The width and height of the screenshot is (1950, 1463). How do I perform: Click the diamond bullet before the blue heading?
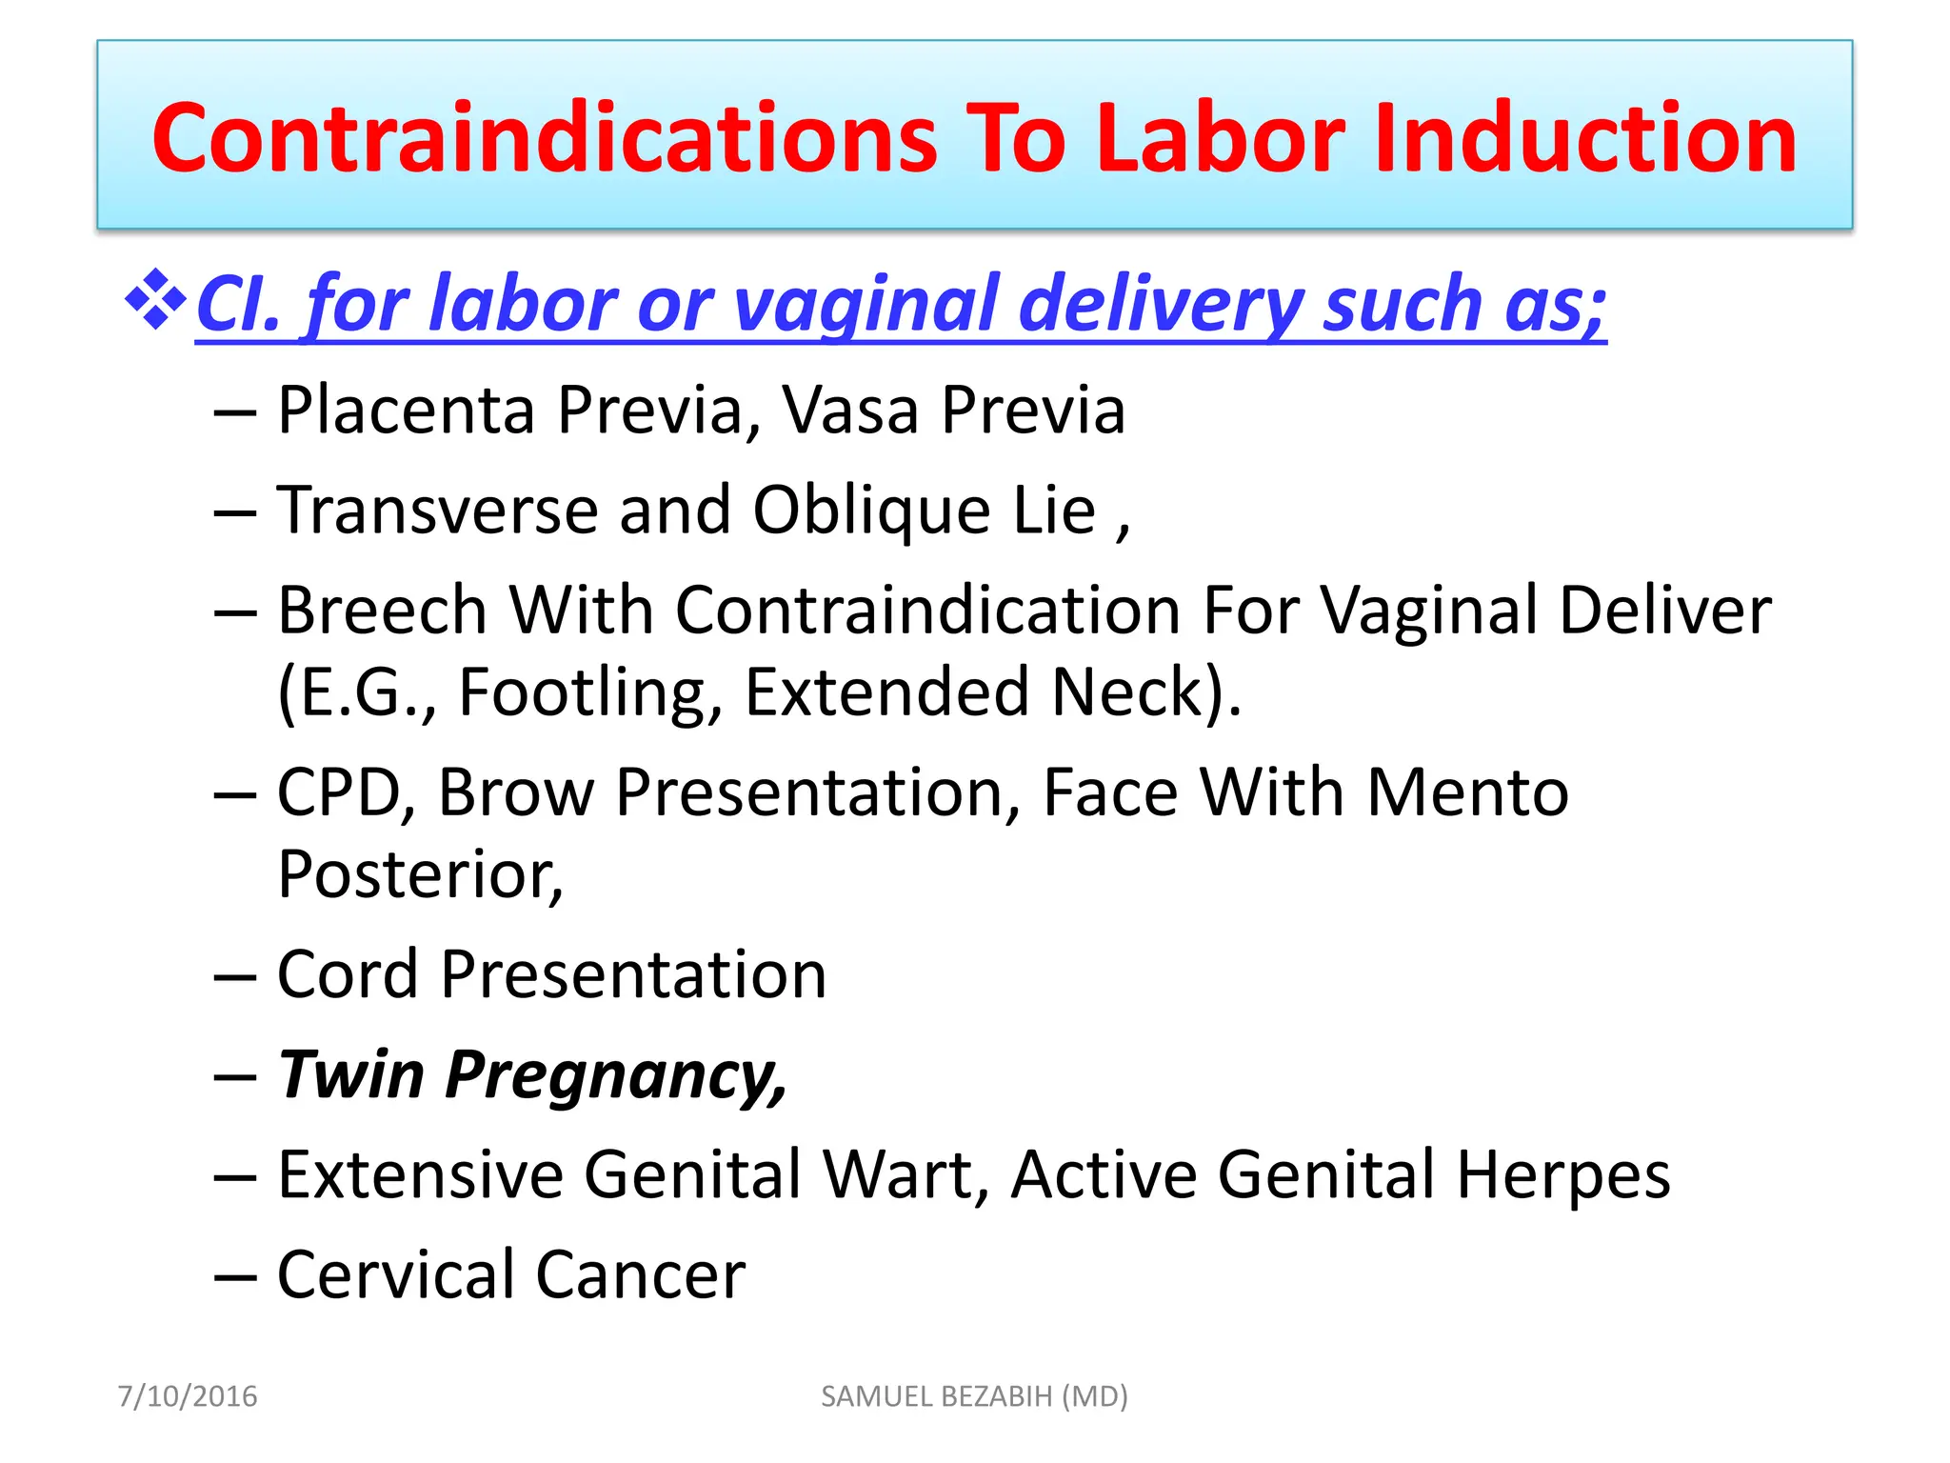click(x=155, y=301)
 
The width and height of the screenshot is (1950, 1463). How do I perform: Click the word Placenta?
click(x=406, y=411)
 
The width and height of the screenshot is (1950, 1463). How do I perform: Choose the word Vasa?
click(x=850, y=411)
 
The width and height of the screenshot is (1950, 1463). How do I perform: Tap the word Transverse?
click(x=437, y=511)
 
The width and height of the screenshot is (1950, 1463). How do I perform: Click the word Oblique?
click(x=871, y=512)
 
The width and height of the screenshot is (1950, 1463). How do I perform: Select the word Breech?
click(x=382, y=611)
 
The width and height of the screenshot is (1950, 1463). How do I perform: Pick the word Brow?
click(x=515, y=793)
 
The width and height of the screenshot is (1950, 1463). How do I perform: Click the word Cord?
click(x=348, y=974)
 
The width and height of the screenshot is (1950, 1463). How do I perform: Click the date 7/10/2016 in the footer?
click(x=188, y=1396)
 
